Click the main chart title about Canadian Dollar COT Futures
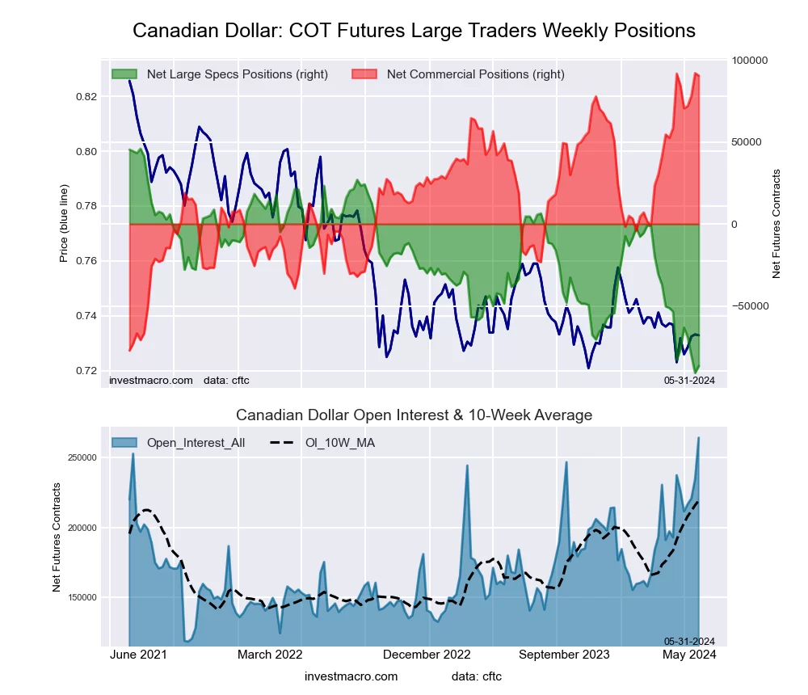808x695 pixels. tap(414, 31)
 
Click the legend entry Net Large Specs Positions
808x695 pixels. tap(220, 74)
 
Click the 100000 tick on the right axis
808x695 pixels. tap(750, 61)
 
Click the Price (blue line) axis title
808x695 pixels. tap(64, 223)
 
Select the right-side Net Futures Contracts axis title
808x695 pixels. tap(776, 223)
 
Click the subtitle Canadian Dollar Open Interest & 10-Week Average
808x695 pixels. tap(414, 415)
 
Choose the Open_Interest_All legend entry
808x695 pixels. tap(193, 442)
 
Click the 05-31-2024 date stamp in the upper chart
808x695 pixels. tap(690, 380)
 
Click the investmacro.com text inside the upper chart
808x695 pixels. tap(151, 380)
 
